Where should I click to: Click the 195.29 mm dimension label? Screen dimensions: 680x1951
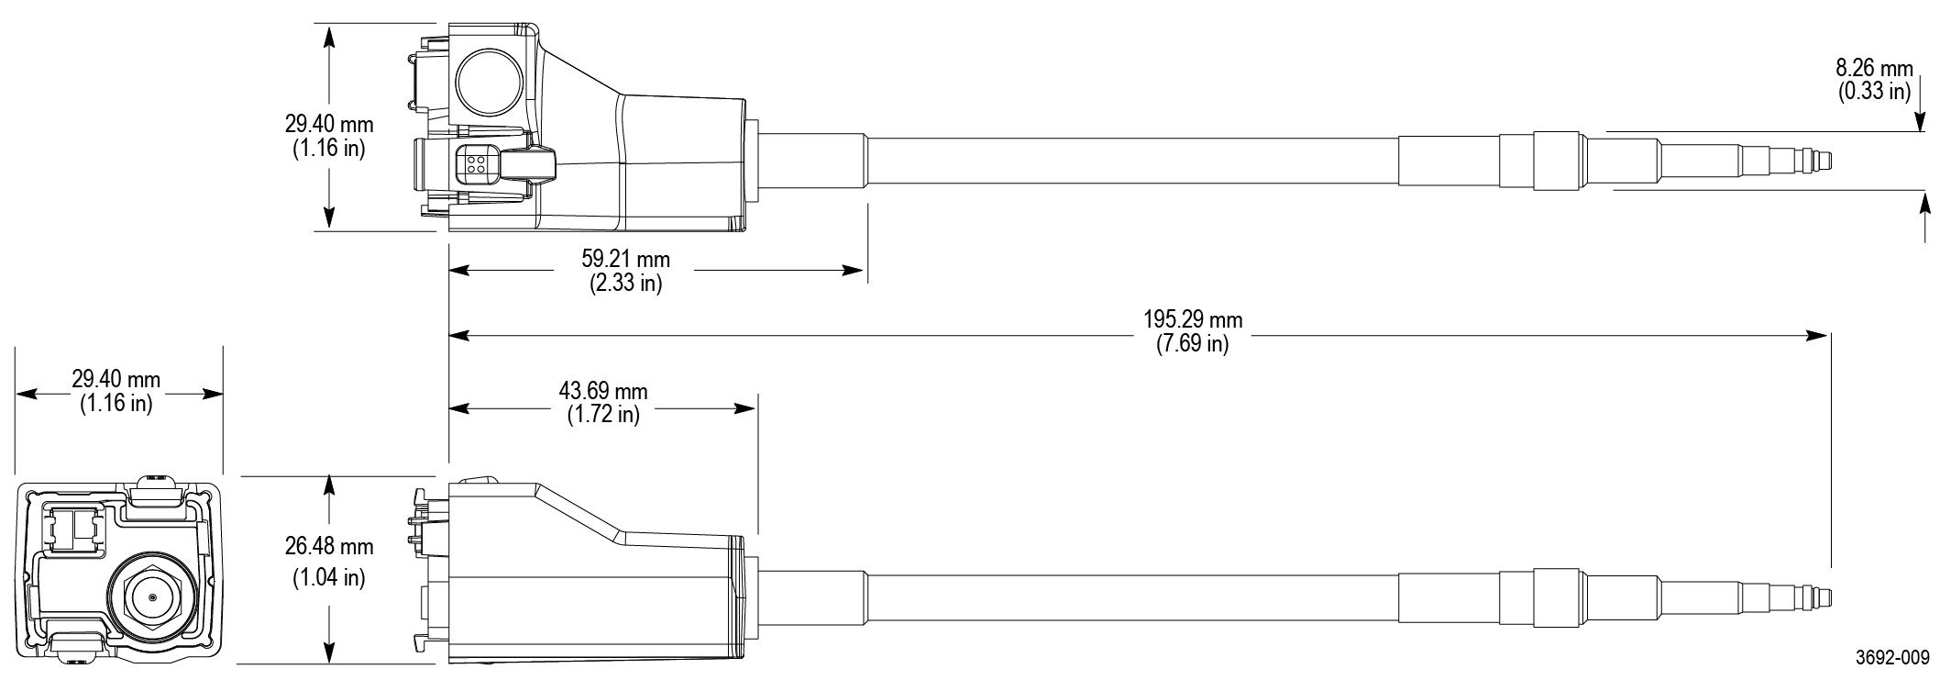pyautogui.click(x=1193, y=320)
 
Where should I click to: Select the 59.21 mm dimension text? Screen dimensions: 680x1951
pyautogui.click(x=625, y=260)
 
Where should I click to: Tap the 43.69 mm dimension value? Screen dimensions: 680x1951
pyautogui.click(x=602, y=392)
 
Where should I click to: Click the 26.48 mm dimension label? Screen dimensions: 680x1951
pyautogui.click(x=328, y=547)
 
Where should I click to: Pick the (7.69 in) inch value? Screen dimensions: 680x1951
pyautogui.click(x=1193, y=344)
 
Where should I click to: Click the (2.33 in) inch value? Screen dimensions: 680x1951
pyautogui.click(x=625, y=284)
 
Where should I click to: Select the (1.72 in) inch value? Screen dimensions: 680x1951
pyautogui.click(x=602, y=415)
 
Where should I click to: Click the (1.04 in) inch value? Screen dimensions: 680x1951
pyautogui.click(x=328, y=579)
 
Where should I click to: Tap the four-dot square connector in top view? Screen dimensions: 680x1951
pyautogui.click(x=477, y=164)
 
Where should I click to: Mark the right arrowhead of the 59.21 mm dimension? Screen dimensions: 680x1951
pyautogui.click(x=854, y=271)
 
